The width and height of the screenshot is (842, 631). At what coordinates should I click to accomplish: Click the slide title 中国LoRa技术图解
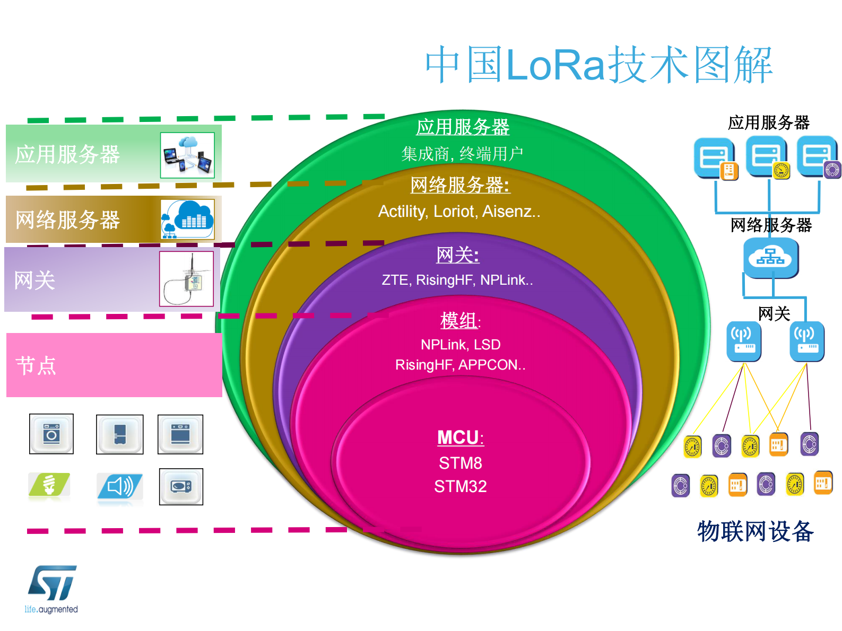[x=598, y=65]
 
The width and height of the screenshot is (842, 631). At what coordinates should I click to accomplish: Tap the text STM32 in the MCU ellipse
[x=460, y=486]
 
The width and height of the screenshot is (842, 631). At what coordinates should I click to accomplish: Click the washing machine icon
[x=51, y=434]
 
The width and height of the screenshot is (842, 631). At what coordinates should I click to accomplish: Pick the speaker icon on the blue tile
[x=120, y=486]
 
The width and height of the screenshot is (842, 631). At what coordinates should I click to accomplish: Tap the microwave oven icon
[x=181, y=486]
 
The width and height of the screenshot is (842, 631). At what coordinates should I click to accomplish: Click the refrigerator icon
[x=119, y=434]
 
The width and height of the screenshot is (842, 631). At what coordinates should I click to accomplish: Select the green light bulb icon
[x=49, y=485]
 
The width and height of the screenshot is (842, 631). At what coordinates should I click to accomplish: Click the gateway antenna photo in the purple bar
[x=186, y=279]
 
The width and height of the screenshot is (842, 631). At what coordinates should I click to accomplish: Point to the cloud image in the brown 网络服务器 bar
[x=187, y=219]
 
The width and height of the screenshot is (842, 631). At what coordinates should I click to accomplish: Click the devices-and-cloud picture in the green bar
[x=187, y=155]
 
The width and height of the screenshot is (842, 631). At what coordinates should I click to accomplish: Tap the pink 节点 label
[x=36, y=366]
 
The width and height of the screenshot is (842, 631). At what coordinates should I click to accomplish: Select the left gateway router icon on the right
[x=743, y=341]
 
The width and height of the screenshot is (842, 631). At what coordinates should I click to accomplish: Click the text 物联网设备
[x=755, y=531]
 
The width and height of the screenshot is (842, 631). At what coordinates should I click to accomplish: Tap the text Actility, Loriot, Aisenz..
[x=459, y=212]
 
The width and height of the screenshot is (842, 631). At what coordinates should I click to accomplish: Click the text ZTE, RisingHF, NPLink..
[x=457, y=280]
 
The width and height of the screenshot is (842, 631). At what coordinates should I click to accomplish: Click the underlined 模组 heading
[x=459, y=321]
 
